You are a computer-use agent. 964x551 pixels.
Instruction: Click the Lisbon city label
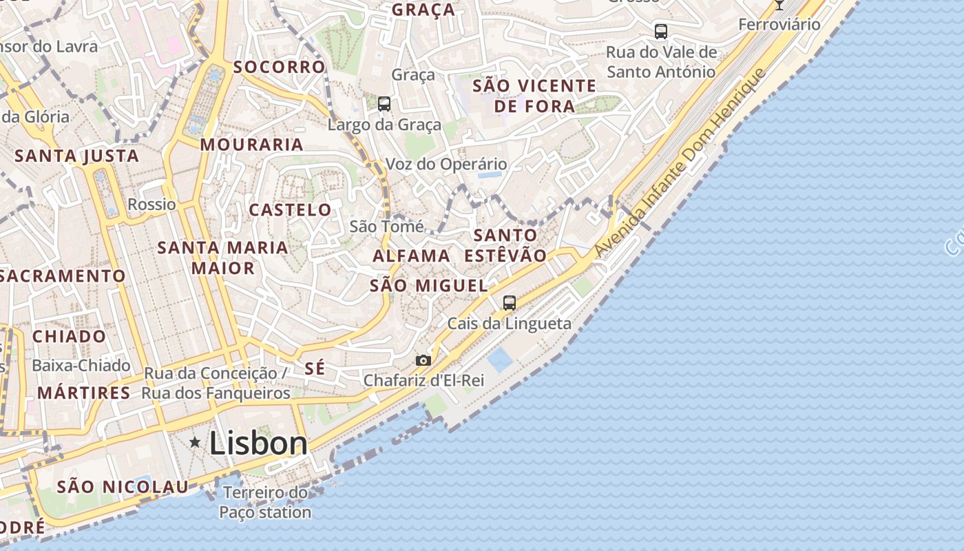point(258,443)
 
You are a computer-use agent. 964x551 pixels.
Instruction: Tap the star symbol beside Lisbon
point(196,442)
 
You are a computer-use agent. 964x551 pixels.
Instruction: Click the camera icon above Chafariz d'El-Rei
point(423,360)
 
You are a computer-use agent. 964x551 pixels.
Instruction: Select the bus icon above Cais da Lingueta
point(510,302)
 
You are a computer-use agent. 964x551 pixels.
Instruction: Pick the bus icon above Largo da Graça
point(384,104)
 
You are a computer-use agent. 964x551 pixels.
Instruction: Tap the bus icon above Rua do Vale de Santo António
point(661,31)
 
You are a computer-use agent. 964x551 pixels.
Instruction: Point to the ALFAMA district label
point(411,256)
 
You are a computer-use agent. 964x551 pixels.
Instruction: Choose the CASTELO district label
point(290,209)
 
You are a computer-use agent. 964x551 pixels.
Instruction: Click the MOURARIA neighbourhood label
point(252,145)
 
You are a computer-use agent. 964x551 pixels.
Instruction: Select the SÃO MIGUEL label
point(428,285)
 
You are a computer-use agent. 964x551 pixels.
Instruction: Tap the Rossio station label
point(151,205)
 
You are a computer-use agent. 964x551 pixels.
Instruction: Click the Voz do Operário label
point(446,164)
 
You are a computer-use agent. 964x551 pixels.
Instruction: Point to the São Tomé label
point(386,226)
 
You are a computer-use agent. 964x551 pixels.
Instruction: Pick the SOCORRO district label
point(279,67)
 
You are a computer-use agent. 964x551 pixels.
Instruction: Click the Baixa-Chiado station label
point(81,365)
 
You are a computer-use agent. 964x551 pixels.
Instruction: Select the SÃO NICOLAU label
point(123,487)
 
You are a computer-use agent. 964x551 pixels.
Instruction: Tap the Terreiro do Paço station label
point(265,502)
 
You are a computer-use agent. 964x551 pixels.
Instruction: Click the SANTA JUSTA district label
point(77,156)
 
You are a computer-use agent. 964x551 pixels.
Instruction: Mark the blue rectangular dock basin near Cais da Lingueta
point(499,360)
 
